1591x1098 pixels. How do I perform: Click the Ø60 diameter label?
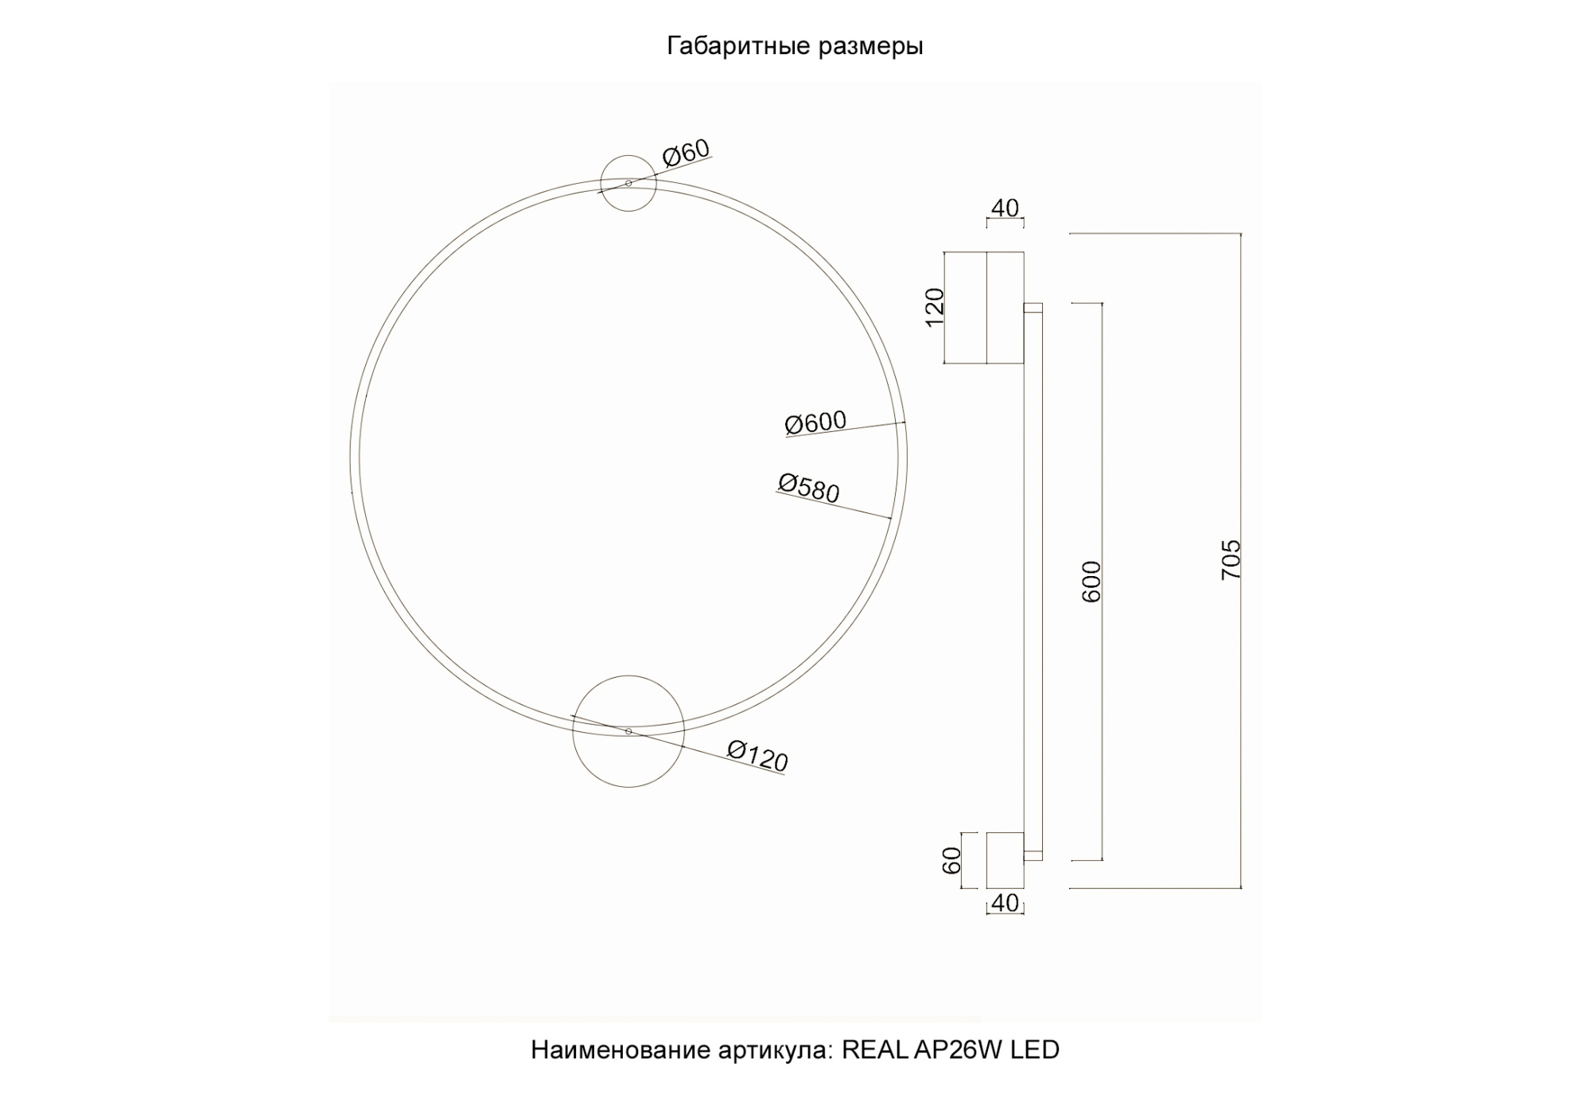(686, 152)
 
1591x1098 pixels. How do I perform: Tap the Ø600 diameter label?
(815, 422)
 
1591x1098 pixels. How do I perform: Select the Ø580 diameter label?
(808, 489)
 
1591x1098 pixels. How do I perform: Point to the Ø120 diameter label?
(757, 756)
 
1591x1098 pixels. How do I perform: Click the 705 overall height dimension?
(1231, 559)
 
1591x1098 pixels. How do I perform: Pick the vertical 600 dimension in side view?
(1092, 581)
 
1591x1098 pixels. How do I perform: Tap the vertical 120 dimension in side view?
(936, 306)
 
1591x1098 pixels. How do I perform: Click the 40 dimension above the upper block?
(1005, 208)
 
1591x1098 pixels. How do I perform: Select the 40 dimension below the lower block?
(1005, 903)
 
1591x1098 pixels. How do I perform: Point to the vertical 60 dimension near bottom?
(952, 860)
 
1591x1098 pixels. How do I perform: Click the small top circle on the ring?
(628, 169)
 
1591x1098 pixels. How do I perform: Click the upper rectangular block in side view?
(985, 308)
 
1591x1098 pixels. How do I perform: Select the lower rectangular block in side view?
(1005, 860)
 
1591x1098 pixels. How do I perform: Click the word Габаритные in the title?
(737, 46)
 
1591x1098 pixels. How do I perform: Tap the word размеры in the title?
(870, 46)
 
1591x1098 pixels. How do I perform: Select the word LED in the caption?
(1034, 1050)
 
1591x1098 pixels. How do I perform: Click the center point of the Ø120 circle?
(628, 731)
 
